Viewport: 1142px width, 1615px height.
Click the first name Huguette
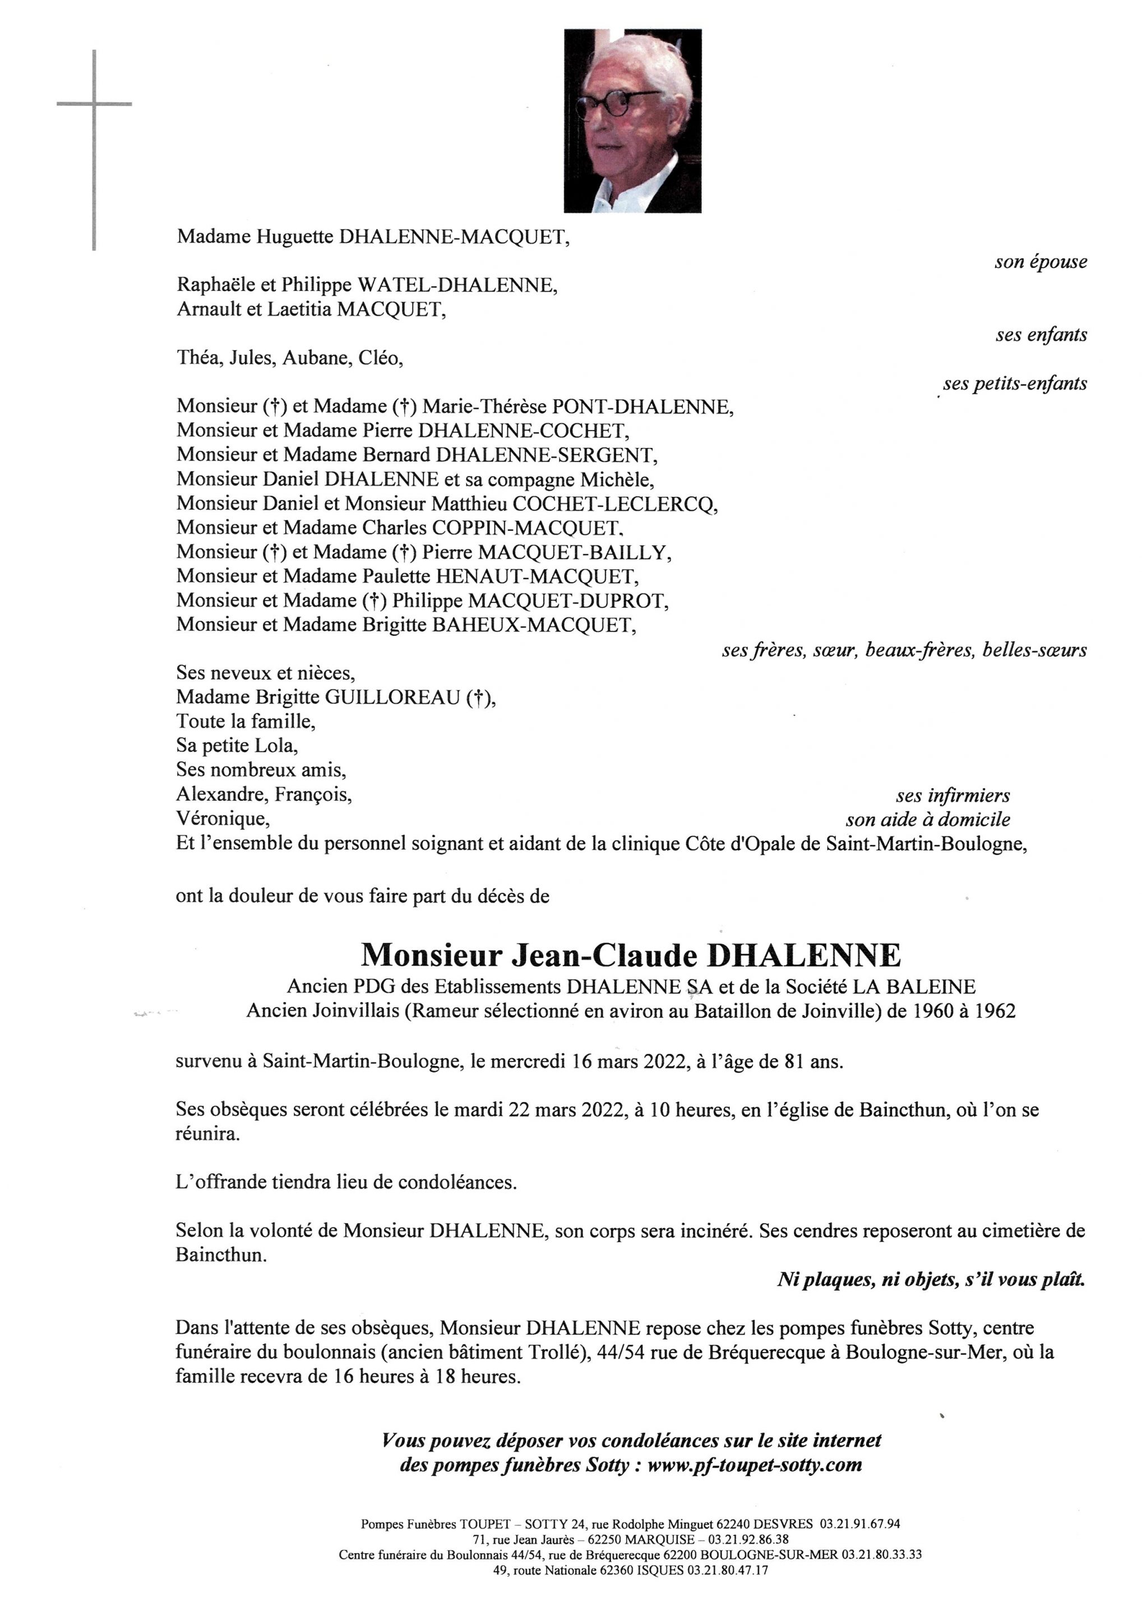tap(295, 237)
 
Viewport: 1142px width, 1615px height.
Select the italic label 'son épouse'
tap(1040, 262)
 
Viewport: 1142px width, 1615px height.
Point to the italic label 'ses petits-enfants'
tap(1015, 384)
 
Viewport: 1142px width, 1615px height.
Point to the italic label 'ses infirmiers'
tap(953, 796)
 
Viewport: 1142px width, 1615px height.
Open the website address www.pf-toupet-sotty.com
tap(754, 1466)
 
